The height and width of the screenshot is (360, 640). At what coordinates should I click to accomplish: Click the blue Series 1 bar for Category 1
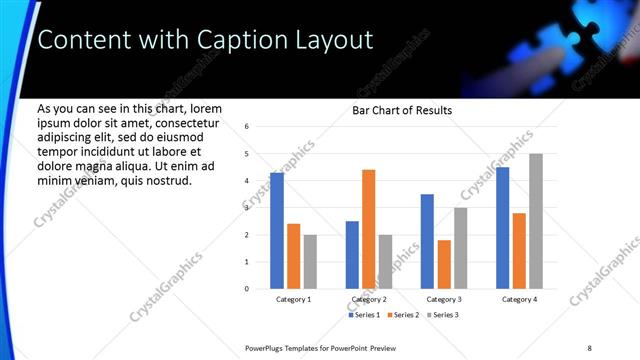click(277, 231)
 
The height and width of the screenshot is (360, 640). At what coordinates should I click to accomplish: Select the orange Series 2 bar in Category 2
click(369, 229)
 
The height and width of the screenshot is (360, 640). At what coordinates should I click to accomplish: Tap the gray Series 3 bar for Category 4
click(536, 221)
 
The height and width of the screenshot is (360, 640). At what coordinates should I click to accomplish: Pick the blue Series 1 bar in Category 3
click(427, 241)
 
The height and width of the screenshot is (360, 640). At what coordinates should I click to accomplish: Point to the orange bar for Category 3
click(444, 264)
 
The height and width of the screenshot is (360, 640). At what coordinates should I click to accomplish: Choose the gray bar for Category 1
click(310, 262)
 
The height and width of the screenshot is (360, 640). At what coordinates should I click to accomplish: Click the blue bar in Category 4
click(503, 228)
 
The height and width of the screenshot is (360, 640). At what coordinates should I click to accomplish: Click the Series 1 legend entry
click(364, 315)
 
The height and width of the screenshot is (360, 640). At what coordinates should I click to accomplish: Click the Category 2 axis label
click(369, 299)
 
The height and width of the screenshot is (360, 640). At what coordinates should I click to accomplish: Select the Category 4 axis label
click(519, 299)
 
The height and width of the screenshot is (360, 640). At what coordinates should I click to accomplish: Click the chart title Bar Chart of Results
click(402, 110)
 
